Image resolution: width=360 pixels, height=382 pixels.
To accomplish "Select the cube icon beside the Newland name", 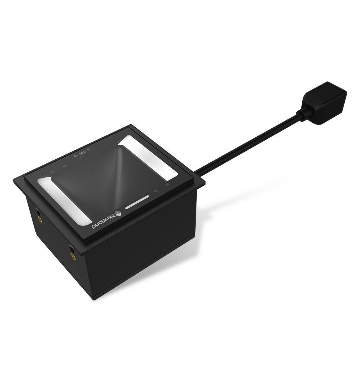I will coord(118,213).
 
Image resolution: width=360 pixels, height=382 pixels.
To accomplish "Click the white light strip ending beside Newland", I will coord(63,200).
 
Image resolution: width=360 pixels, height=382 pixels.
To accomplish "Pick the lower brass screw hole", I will coord(73,256).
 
